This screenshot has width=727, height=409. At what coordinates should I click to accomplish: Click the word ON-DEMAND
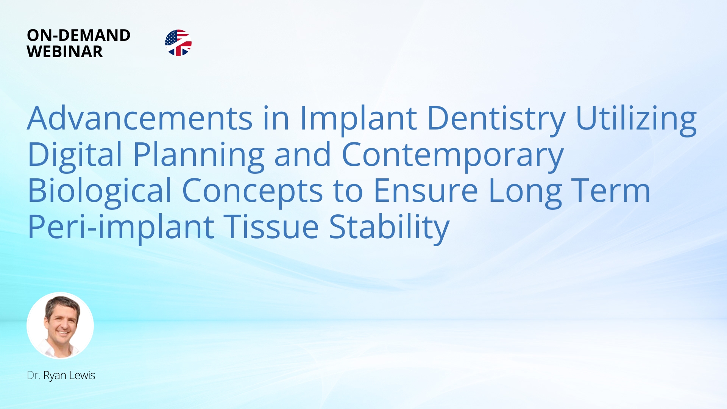click(79, 35)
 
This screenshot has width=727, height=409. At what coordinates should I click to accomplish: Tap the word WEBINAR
click(65, 52)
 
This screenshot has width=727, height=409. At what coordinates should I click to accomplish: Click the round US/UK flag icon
click(178, 43)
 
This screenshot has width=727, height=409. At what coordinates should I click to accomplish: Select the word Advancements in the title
click(140, 118)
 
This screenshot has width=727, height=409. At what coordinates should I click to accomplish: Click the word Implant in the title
click(358, 120)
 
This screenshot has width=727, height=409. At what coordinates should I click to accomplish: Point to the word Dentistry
click(496, 120)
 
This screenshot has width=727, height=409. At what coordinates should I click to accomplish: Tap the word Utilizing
click(636, 120)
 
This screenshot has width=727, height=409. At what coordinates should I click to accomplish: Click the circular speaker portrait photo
click(60, 325)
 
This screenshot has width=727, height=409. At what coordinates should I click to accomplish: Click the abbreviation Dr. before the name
click(33, 375)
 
